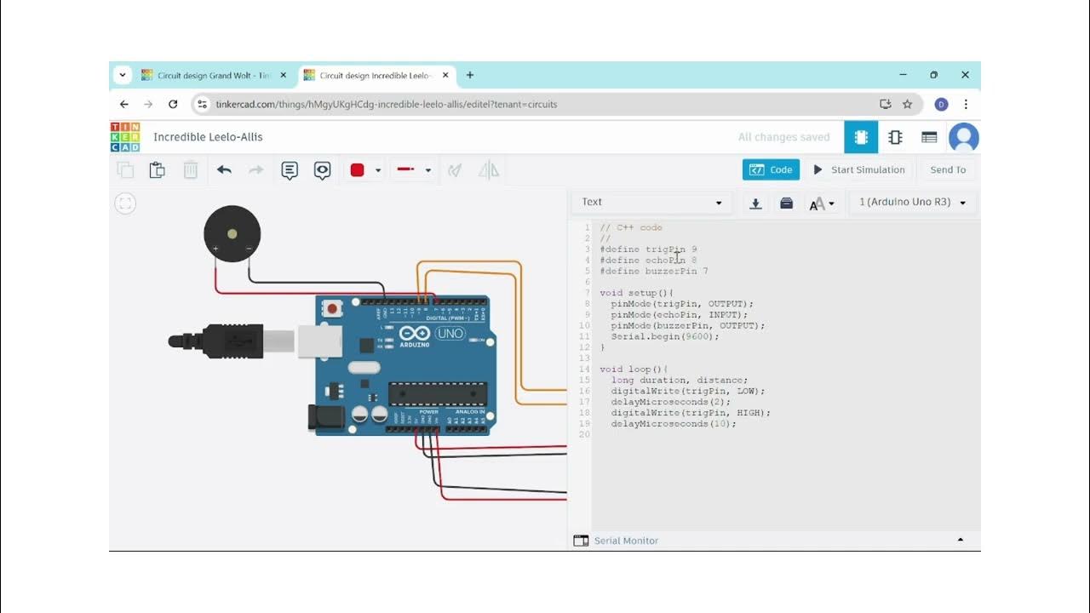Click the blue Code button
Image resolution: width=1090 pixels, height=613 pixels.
[x=771, y=169]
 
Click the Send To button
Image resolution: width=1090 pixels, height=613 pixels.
[x=947, y=169]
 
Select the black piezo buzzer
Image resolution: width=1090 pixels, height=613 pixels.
[x=232, y=232]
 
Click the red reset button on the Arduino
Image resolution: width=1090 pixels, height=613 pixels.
[x=331, y=308]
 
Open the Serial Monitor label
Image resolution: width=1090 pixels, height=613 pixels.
[x=626, y=541]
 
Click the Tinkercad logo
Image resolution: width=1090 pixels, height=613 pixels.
[x=125, y=137]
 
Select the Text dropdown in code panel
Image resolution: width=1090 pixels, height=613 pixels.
[x=651, y=203]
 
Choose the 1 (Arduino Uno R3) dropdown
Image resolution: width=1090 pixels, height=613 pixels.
[x=912, y=203]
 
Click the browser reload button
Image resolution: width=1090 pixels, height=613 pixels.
[x=173, y=104]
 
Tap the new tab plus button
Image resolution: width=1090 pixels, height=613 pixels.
[x=470, y=75]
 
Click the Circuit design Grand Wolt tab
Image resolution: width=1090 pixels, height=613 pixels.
[x=213, y=75]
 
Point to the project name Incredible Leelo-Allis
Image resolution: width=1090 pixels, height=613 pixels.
[x=208, y=137]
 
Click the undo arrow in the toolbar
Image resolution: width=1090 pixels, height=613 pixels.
[x=224, y=169]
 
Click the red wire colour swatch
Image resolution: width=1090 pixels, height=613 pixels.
[x=358, y=169]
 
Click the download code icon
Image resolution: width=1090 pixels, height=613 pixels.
[x=755, y=203]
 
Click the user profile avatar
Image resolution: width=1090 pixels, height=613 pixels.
[x=963, y=137]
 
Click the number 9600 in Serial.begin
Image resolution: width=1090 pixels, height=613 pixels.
[x=702, y=336]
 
